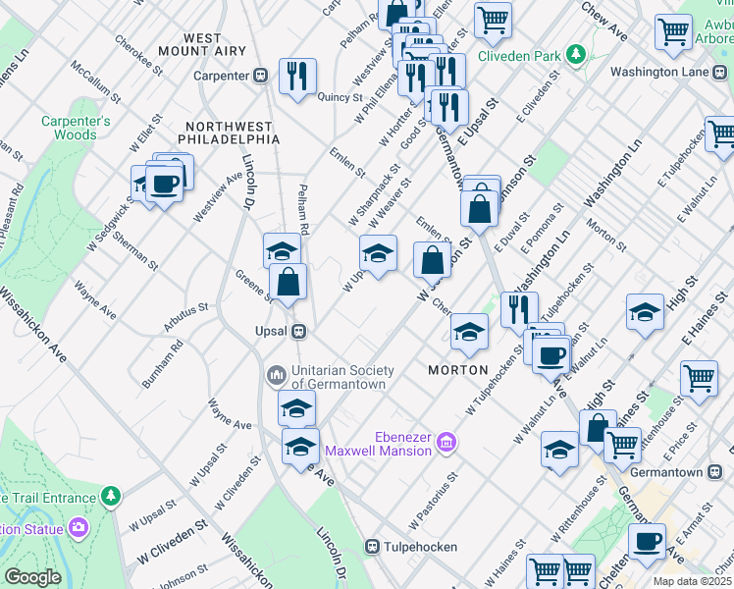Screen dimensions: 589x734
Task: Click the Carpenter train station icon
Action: coord(262,76)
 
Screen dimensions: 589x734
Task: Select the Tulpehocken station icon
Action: coord(373,546)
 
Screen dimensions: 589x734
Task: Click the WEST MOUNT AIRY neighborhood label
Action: coord(202,46)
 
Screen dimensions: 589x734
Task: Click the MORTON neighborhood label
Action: coord(458,370)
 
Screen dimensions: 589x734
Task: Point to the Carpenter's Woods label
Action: coord(76,128)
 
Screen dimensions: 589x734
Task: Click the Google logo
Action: coord(31,577)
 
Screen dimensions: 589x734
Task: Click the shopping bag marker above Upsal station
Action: coord(288,282)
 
